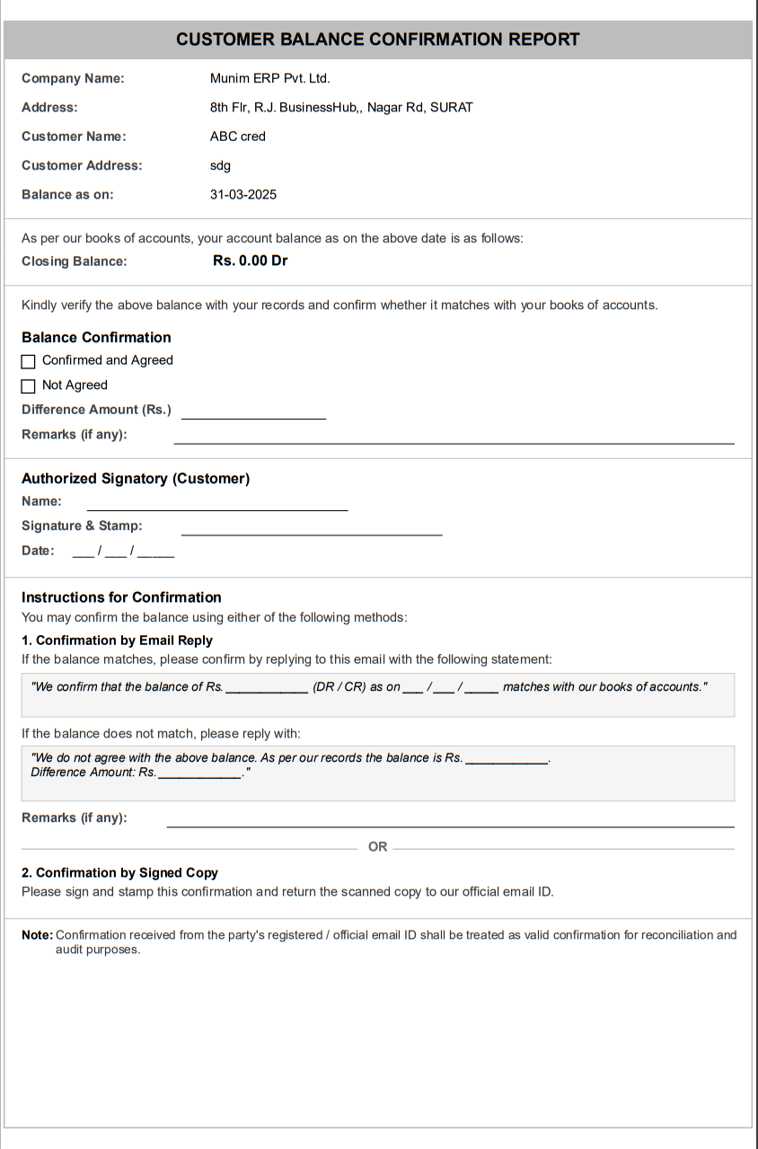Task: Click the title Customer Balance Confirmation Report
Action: [x=377, y=40]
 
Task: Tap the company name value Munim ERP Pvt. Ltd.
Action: [x=269, y=78]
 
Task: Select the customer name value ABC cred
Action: [x=238, y=137]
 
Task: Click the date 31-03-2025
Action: [x=243, y=194]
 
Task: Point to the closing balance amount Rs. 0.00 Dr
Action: [x=251, y=261]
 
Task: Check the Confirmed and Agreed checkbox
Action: [x=29, y=361]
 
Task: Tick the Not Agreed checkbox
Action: [x=29, y=386]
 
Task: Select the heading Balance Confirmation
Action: [x=96, y=338]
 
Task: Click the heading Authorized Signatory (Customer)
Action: [x=136, y=479]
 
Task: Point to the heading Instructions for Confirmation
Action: [x=121, y=597]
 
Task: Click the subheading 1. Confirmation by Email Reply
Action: [x=117, y=641]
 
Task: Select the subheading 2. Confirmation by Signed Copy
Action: [x=119, y=872]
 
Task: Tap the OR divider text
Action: [x=378, y=847]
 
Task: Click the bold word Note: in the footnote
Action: [x=38, y=935]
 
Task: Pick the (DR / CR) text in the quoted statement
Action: [x=339, y=687]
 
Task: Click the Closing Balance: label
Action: [x=75, y=261]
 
